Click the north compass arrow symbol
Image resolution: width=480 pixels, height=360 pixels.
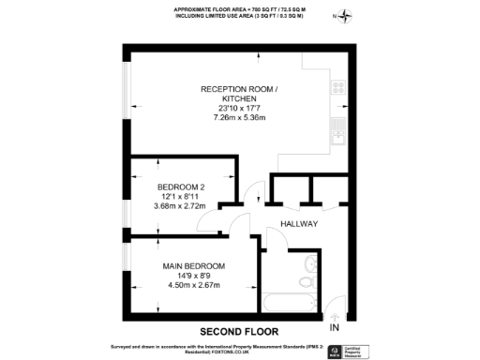pos(349,14)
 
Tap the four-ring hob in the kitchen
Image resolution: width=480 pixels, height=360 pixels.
pos(338,90)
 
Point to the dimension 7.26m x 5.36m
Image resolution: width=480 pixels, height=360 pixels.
pos(240,118)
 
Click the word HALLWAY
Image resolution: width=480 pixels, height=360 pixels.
pos(299,225)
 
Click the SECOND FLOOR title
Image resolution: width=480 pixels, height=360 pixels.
pos(240,331)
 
